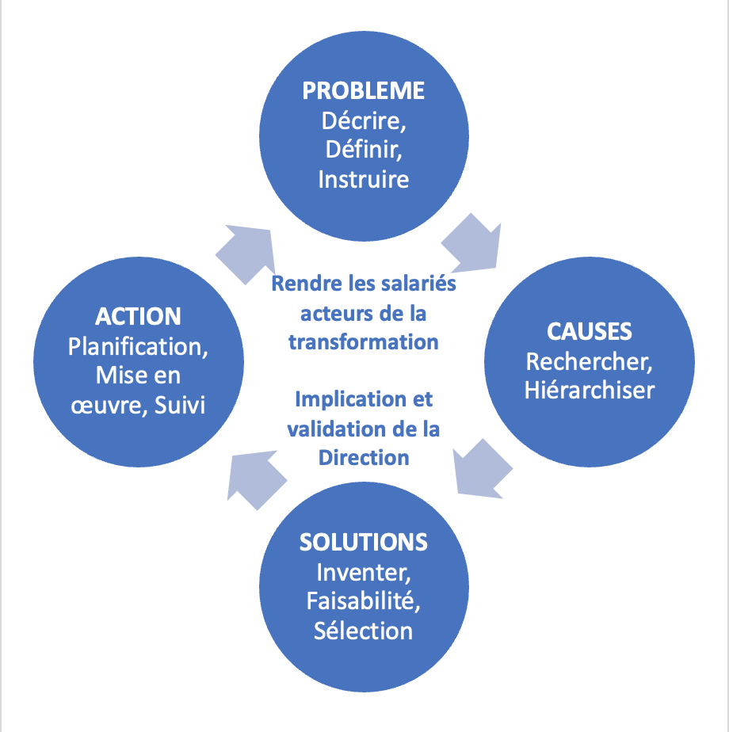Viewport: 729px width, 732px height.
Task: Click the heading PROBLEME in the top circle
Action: click(x=364, y=90)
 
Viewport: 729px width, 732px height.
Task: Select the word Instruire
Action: click(x=364, y=180)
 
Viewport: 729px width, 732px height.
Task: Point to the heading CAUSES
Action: click(x=590, y=331)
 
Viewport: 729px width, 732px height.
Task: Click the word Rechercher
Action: click(x=589, y=361)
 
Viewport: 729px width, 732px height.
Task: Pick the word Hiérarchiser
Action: click(x=590, y=391)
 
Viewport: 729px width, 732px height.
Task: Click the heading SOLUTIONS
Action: click(x=364, y=542)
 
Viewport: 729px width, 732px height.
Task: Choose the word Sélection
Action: click(x=364, y=631)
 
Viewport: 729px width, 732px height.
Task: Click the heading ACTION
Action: click(x=138, y=316)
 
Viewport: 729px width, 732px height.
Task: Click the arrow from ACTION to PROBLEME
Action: click(x=247, y=251)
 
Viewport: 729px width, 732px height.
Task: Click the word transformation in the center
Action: click(x=364, y=341)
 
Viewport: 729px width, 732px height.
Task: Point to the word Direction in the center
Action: click(x=364, y=457)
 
